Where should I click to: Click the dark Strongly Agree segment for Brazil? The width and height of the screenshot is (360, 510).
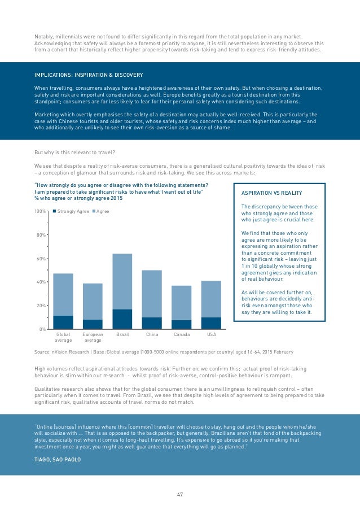(x=122, y=319)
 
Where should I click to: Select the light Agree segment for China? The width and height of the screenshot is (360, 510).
(x=152, y=294)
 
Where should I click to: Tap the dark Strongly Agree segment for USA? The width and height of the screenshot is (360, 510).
(x=211, y=323)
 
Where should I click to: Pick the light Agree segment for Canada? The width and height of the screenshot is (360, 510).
(x=182, y=303)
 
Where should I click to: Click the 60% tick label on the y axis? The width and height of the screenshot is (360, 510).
(x=41, y=259)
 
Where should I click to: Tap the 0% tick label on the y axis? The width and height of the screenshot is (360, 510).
(x=42, y=329)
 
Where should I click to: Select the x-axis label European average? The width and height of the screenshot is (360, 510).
(x=93, y=338)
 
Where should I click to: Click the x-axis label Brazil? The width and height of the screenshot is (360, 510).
(x=122, y=335)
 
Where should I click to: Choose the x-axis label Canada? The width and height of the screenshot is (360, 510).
(x=182, y=335)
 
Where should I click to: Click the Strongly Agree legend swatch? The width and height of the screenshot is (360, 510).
(x=54, y=211)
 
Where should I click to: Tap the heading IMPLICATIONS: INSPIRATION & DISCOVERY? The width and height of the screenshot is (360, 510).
(x=89, y=75)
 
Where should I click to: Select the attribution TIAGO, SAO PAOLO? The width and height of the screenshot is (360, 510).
(x=58, y=459)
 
